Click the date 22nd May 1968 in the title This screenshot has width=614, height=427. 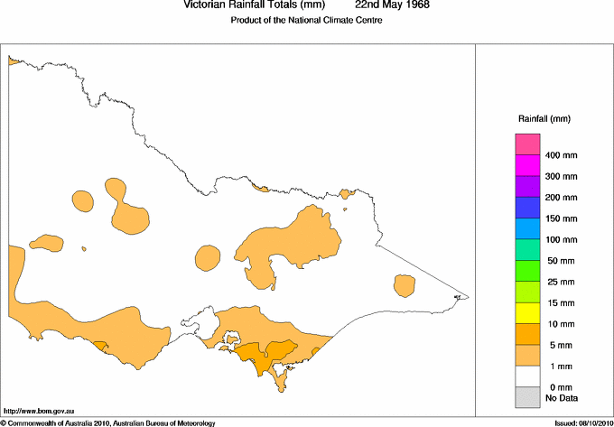click(x=392, y=5)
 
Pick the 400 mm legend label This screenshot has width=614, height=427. click(x=562, y=156)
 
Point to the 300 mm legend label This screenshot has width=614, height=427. click(x=562, y=177)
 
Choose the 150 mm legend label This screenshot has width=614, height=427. click(x=562, y=219)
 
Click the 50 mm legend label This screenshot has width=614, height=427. click(x=559, y=261)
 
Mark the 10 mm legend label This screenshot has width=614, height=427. click(x=559, y=324)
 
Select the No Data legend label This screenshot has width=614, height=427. click(x=561, y=397)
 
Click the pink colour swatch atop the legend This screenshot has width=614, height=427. click(x=527, y=144)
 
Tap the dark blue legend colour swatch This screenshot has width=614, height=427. click(x=527, y=208)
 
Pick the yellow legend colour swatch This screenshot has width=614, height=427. click(x=527, y=313)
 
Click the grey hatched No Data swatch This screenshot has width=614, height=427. click(x=527, y=395)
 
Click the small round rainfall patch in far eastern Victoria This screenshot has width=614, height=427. click(x=405, y=285)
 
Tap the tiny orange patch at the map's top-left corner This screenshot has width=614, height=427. click(x=14, y=60)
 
